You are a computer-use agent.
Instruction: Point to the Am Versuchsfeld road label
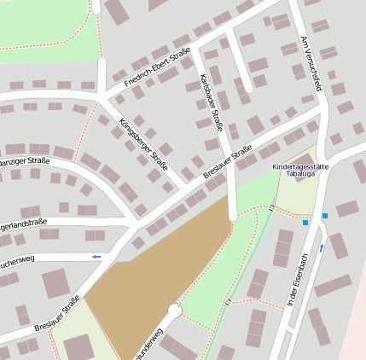(x=311, y=63)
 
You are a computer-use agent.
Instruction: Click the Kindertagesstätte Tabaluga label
(x=299, y=170)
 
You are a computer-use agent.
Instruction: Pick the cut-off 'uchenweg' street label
(x=20, y=256)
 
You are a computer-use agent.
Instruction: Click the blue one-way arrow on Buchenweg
(x=96, y=256)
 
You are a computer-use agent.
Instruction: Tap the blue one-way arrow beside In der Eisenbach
(x=322, y=248)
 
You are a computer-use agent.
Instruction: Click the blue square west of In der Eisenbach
(x=305, y=223)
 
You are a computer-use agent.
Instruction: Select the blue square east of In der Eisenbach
(x=325, y=217)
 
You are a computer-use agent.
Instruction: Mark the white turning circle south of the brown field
(x=175, y=311)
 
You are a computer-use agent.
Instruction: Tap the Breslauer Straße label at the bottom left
(x=57, y=313)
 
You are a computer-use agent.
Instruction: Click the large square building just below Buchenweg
(x=57, y=283)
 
